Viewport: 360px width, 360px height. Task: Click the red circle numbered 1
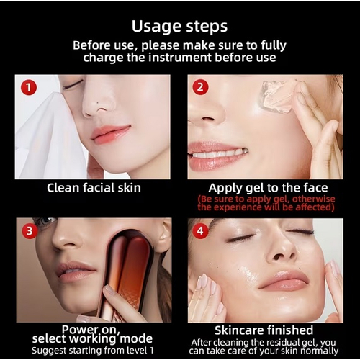click(29, 87)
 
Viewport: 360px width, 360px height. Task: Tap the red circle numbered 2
click(200, 87)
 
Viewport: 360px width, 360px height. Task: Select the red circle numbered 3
click(30, 231)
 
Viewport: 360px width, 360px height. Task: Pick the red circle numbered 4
click(200, 231)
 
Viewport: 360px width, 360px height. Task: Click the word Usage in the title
click(157, 27)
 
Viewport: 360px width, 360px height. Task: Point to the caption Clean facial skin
click(94, 188)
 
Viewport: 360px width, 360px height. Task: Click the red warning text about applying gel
click(266, 203)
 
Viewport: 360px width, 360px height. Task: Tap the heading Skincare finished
click(264, 330)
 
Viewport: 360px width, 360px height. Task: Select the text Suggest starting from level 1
click(92, 351)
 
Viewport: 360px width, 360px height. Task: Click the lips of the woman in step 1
click(110, 134)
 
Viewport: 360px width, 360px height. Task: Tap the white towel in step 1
click(48, 135)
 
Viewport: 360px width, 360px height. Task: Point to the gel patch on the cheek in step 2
click(279, 96)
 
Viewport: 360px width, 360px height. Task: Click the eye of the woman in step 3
click(43, 221)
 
